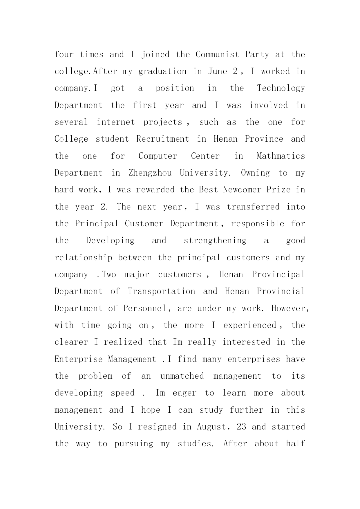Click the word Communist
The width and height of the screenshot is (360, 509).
[217, 55]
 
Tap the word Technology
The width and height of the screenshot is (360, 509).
[281, 89]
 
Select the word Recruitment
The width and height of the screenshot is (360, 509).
[162, 139]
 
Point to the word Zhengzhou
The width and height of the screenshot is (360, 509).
[150, 173]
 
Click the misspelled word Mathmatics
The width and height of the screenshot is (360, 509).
[281, 156]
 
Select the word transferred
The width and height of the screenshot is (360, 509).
[253, 207]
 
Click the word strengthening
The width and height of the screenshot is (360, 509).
[215, 241]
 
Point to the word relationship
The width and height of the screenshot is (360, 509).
[83, 258]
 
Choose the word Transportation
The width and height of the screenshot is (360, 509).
[161, 291]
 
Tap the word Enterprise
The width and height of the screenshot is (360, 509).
[79, 359]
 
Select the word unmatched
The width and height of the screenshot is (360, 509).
[182, 376]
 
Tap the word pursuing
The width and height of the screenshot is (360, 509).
[134, 444]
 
